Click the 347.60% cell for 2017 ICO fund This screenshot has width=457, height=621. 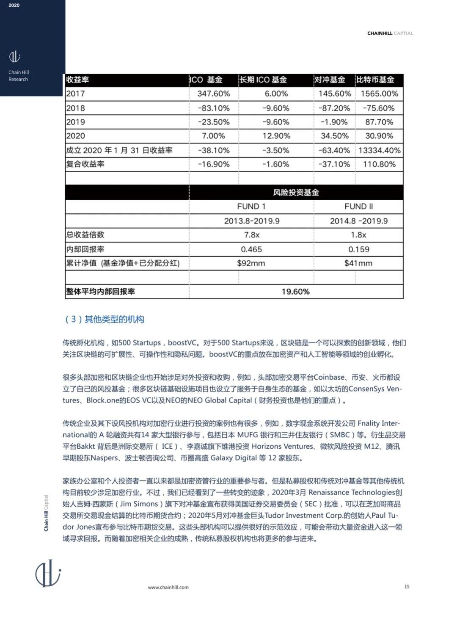point(213,94)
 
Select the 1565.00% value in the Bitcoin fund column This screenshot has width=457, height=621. point(379,94)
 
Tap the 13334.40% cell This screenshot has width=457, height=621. point(379,150)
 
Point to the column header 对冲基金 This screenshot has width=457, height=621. point(329,80)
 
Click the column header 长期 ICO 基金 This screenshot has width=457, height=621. point(263,80)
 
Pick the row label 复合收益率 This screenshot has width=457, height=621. point(85,164)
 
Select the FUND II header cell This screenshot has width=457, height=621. point(358,207)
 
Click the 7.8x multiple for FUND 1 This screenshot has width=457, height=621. point(252,235)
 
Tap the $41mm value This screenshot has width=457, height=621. point(358,263)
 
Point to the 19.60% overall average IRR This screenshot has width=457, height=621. point(295,292)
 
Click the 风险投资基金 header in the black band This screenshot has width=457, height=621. point(295,193)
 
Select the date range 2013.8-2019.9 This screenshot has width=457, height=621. point(252,221)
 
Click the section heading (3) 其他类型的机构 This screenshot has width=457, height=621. point(104,319)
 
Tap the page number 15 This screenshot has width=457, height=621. point(407,586)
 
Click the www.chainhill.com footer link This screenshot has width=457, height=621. point(168,587)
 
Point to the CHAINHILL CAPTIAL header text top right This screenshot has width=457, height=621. point(390,33)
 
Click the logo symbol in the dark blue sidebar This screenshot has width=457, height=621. point(15,56)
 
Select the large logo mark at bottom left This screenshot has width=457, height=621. point(48,573)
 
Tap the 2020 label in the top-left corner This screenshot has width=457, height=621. point(14,6)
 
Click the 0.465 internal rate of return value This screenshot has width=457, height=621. point(252,249)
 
